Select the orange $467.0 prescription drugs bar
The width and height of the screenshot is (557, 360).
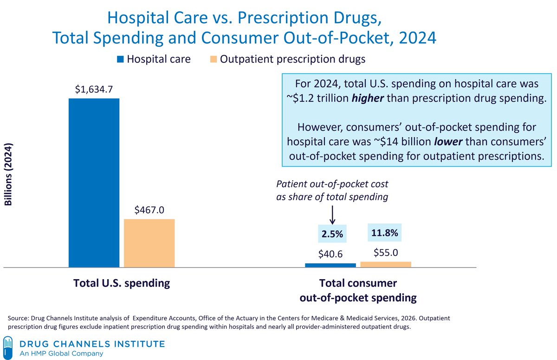149,243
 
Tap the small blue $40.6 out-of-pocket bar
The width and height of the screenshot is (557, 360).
330,265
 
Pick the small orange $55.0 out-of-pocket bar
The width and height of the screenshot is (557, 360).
386,264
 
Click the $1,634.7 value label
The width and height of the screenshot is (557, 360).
94,89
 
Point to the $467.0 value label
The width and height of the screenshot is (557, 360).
149,210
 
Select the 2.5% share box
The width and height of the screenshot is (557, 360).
332,235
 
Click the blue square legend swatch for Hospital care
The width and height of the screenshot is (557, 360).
120,59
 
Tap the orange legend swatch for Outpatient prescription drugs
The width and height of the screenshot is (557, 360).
213,59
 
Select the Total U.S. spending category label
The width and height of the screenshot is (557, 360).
122,283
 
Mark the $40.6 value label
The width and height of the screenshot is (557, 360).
330,254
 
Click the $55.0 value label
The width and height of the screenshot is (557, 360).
386,253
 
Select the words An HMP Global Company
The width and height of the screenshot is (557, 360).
61,354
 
